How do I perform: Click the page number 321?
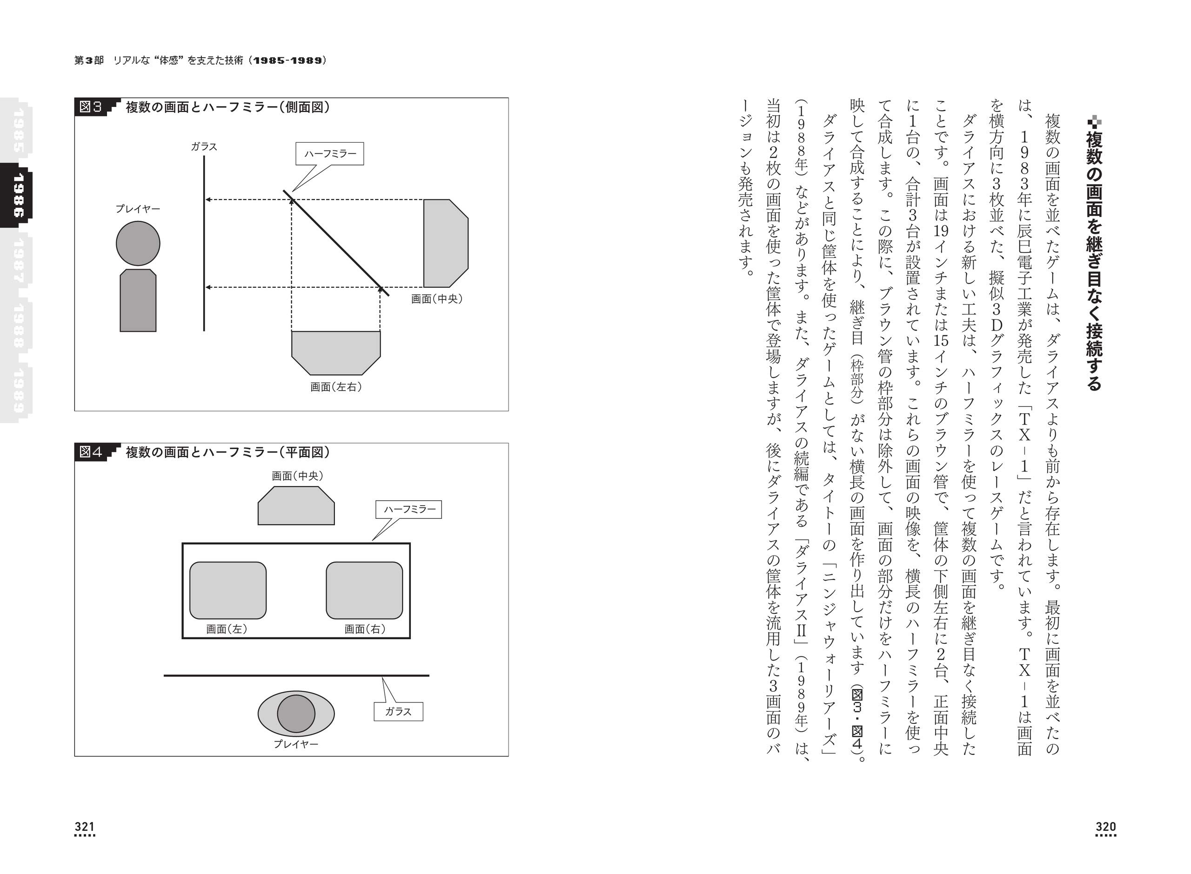[x=85, y=827]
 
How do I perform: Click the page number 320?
[x=1105, y=827]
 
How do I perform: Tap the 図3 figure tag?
[x=91, y=107]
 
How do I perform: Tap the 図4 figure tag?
[x=91, y=452]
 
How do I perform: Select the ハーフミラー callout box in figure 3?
[x=330, y=154]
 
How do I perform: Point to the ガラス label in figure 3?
[x=204, y=146]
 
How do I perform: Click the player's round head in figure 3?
[x=138, y=243]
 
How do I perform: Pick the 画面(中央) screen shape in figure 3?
[x=445, y=243]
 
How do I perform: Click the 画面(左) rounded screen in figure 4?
[x=227, y=590]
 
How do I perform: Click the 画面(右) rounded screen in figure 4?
[x=364, y=590]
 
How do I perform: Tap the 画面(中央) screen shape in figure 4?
[x=296, y=507]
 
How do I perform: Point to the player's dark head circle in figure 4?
[x=296, y=714]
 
